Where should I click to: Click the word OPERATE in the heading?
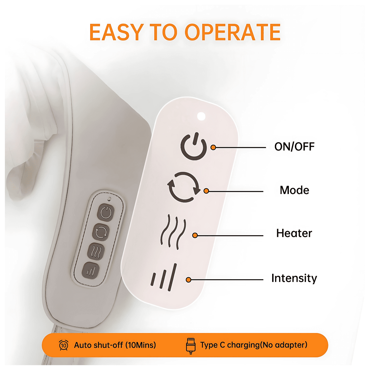[232, 32]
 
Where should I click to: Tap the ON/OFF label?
[294, 147]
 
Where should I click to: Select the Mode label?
[294, 190]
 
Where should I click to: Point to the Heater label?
[294, 233]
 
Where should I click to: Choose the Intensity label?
[294, 278]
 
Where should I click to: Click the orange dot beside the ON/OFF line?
[213, 147]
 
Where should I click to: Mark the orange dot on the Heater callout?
[195, 235]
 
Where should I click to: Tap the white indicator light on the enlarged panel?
[201, 116]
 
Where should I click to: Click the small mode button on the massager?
[101, 232]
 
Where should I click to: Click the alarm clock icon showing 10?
[64, 345]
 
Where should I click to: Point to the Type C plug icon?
[191, 346]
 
